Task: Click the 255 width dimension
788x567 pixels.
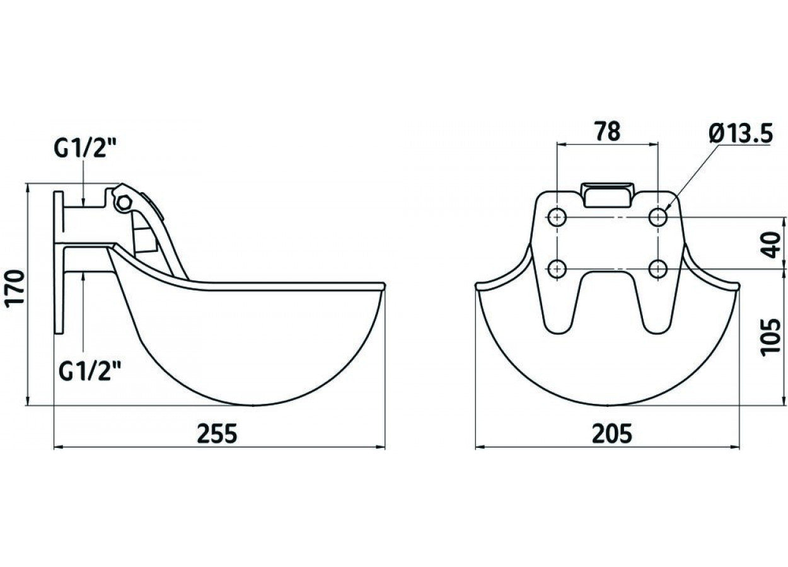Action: click(217, 433)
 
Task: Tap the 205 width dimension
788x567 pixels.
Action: click(612, 433)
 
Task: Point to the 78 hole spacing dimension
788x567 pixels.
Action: click(608, 131)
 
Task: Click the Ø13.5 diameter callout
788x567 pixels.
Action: click(740, 133)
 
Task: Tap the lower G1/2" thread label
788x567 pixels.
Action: click(90, 372)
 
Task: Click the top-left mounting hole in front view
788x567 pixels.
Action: click(557, 217)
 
